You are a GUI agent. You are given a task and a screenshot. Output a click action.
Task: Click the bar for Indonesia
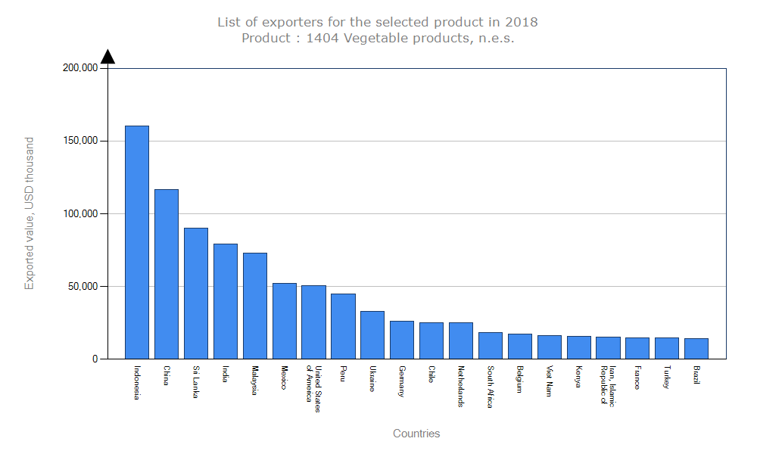click(137, 242)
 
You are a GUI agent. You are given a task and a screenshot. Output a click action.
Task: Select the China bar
click(167, 274)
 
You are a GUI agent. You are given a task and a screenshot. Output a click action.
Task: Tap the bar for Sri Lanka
click(196, 294)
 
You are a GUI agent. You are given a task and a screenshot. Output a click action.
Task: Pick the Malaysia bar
click(255, 306)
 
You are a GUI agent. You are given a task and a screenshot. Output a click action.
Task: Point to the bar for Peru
click(343, 326)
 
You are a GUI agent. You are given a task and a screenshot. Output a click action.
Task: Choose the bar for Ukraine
click(372, 335)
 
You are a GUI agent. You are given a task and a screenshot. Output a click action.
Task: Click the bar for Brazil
click(696, 349)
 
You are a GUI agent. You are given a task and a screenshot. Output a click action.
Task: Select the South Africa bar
click(491, 346)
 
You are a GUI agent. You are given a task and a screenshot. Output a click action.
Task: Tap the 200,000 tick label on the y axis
click(80, 68)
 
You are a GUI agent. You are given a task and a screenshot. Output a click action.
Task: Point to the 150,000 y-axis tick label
click(80, 141)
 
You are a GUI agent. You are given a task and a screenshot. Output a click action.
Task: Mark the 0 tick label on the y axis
click(95, 359)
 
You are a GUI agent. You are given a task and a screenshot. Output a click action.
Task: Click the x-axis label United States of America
click(313, 389)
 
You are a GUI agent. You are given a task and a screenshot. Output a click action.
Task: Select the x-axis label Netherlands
click(461, 387)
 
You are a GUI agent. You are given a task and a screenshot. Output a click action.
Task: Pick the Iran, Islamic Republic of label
click(608, 386)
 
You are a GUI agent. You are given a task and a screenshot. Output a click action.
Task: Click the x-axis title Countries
click(416, 434)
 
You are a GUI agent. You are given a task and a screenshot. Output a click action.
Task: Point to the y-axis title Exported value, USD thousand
click(30, 213)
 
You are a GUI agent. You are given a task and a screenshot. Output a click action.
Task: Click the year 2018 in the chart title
click(522, 22)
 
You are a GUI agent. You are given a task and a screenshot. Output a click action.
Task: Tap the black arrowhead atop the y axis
click(108, 57)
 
